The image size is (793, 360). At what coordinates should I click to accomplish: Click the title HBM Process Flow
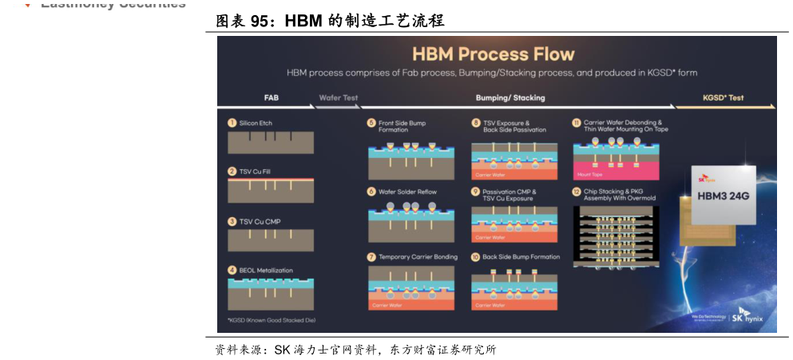(x=493, y=54)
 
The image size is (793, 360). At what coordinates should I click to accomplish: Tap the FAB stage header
(x=271, y=97)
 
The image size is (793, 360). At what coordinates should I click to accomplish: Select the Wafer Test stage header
(x=338, y=97)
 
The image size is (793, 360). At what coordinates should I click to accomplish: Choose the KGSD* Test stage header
(x=723, y=97)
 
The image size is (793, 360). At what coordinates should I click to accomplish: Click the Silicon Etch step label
(x=256, y=123)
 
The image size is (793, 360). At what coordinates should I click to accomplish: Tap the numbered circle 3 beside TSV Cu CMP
(x=232, y=221)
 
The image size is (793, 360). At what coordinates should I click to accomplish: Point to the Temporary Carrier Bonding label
(x=418, y=257)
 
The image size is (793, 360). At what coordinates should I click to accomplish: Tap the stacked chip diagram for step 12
(x=615, y=236)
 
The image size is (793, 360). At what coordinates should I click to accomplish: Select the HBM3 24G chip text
(x=724, y=196)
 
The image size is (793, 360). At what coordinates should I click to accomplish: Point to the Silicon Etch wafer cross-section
(x=270, y=142)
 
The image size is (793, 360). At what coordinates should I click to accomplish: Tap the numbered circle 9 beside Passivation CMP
(x=475, y=192)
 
